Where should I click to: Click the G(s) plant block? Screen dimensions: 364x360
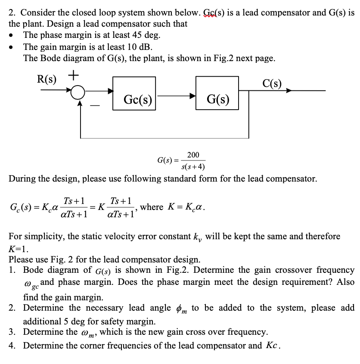pyautogui.click(x=217, y=99)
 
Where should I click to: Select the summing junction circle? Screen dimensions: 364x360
pyautogui.click(x=79, y=92)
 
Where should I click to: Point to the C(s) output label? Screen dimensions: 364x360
pyautogui.click(x=272, y=83)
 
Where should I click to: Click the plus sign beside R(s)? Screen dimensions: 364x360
pyautogui.click(x=73, y=76)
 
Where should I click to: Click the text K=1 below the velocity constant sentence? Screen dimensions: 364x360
pyautogui.click(x=19, y=249)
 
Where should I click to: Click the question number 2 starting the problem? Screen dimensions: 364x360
pyautogui.click(x=12, y=12)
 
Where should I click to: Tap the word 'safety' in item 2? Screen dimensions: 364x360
pyautogui.click(x=112, y=321)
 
